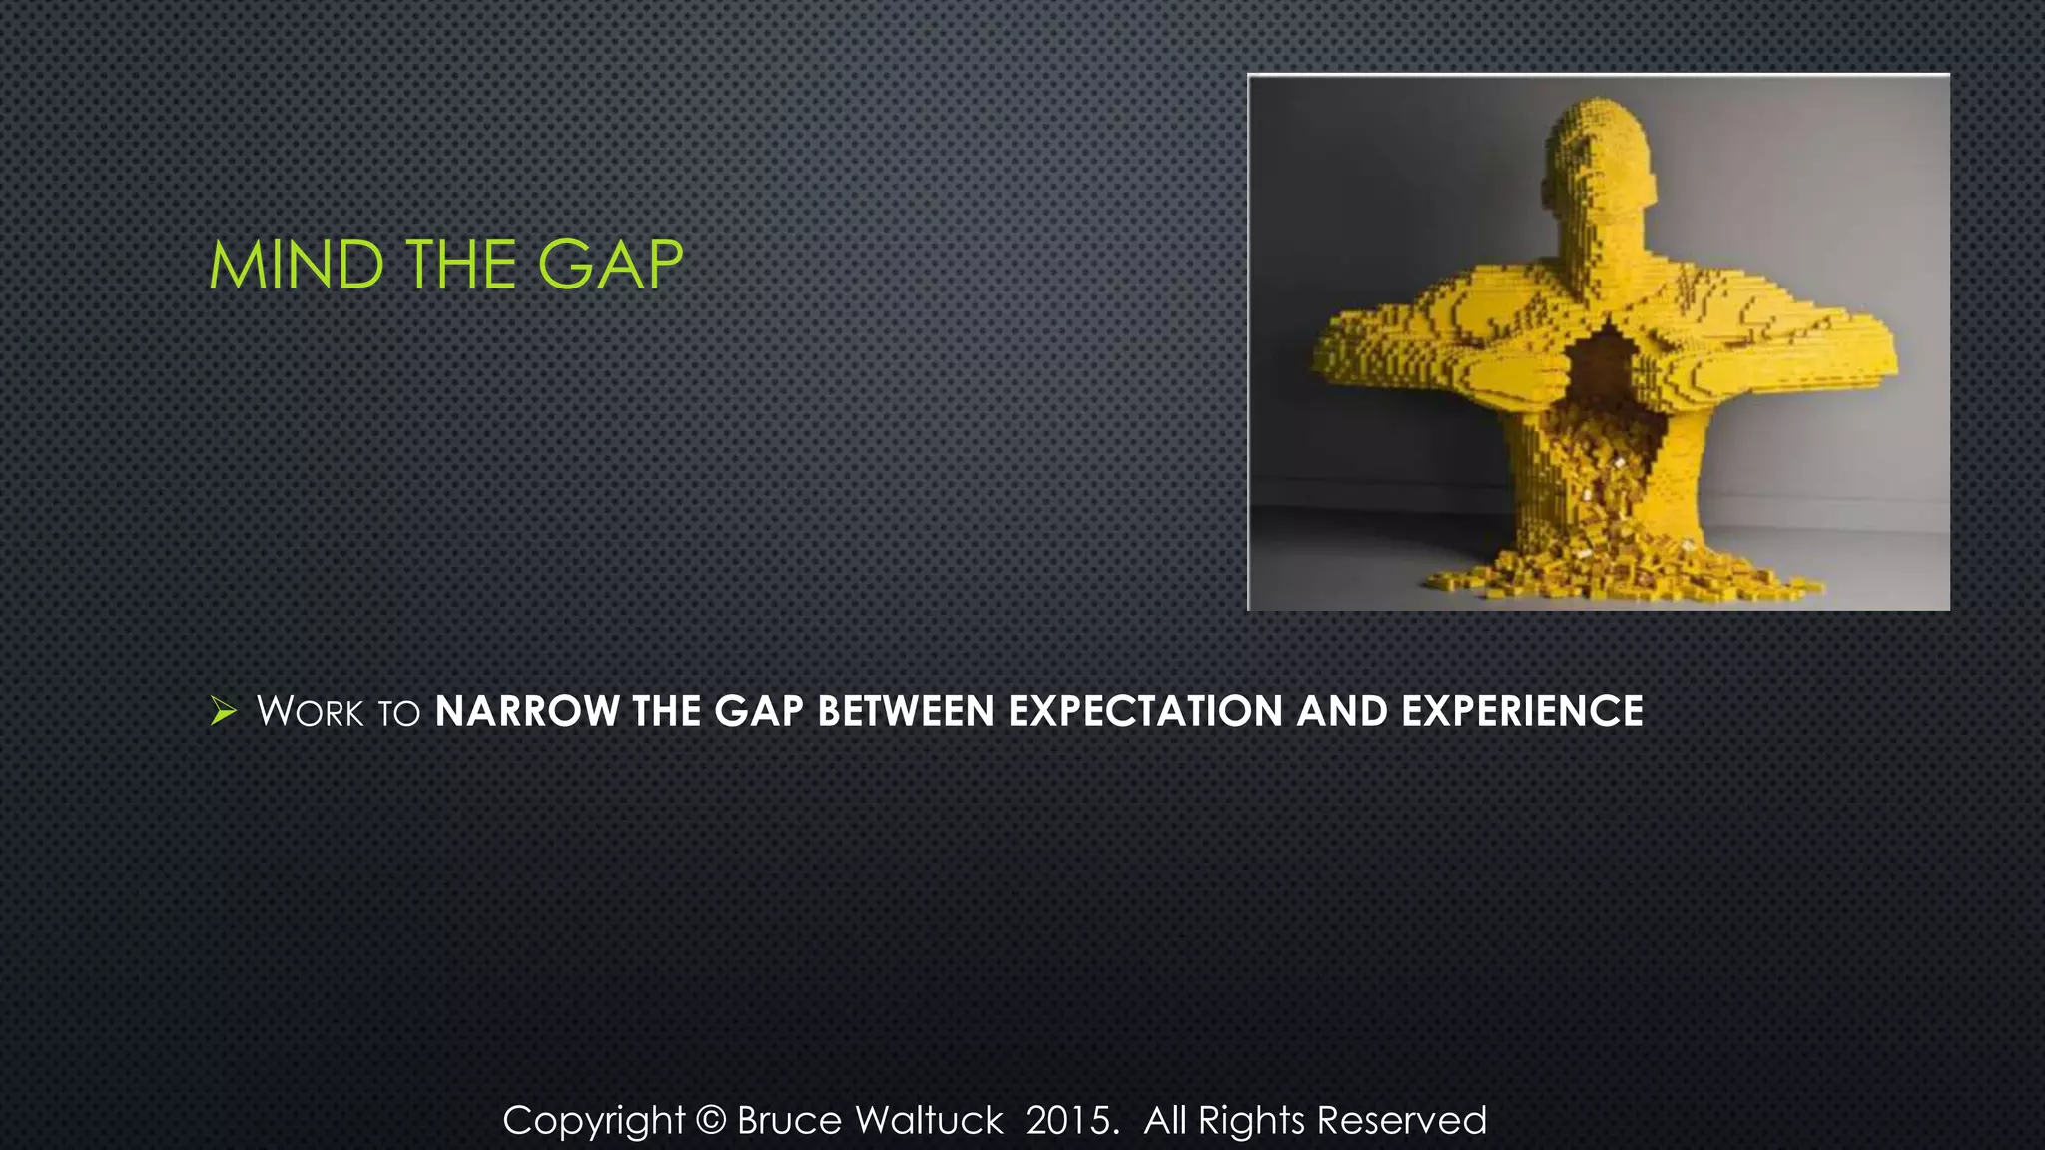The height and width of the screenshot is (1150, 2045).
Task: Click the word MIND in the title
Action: pos(297,266)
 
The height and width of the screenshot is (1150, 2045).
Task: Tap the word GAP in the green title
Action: pos(610,266)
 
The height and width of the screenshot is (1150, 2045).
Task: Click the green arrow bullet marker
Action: pos(224,712)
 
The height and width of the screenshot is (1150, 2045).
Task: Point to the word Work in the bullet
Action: pos(310,712)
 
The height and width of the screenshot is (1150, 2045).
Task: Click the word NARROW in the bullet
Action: pos(527,712)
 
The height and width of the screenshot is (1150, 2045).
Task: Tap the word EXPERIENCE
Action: pos(1522,712)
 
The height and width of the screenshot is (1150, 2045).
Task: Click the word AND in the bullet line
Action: pos(1342,712)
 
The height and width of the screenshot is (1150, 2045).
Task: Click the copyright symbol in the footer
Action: pos(710,1120)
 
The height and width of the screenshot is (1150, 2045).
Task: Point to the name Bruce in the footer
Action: pos(789,1120)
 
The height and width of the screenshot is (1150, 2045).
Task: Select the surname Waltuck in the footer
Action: pos(929,1120)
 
